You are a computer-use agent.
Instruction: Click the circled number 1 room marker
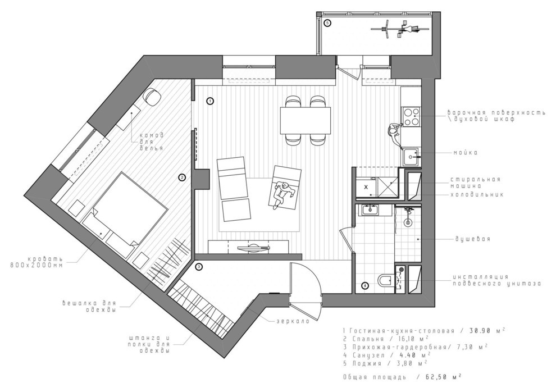[x=209, y=102]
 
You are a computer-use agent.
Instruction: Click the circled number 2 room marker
[x=182, y=177]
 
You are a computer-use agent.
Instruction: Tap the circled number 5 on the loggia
[x=328, y=23]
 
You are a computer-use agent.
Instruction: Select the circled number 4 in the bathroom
[x=364, y=285]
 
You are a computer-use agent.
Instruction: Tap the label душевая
[x=473, y=239]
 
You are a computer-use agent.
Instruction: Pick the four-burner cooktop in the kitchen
[x=411, y=116]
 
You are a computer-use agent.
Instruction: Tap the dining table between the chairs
[x=305, y=120]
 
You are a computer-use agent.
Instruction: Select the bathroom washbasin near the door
[x=370, y=211]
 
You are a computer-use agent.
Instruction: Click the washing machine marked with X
[x=366, y=186]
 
